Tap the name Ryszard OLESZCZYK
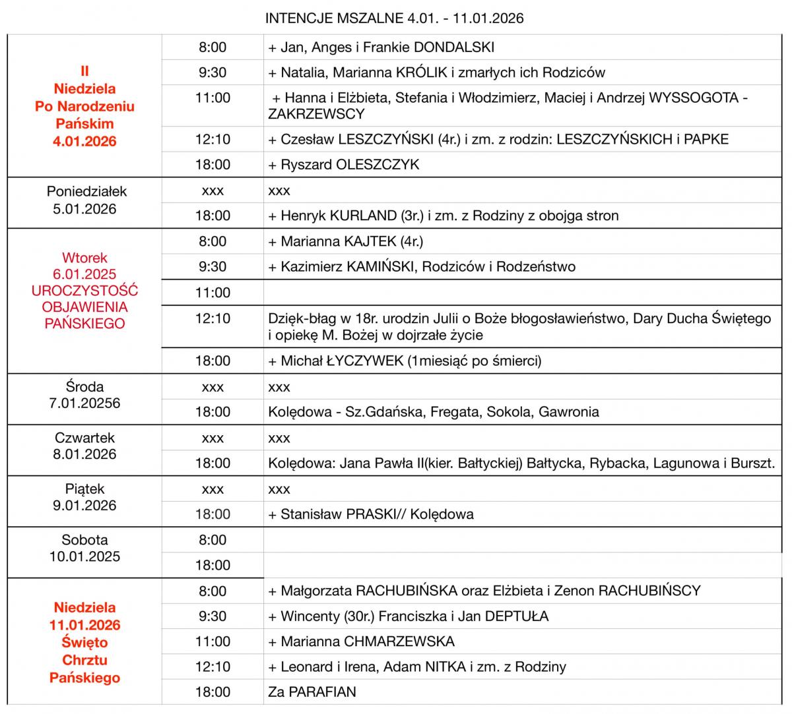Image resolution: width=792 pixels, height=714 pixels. (350, 165)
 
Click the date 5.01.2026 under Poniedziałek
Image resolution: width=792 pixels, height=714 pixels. (84, 209)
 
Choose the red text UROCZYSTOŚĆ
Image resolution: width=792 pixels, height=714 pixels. (84, 291)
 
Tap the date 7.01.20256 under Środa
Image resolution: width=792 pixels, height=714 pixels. (84, 403)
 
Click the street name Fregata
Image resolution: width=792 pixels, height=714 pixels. (455, 412)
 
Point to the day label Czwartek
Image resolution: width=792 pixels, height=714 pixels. (84, 438)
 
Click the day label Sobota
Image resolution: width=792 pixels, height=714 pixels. (84, 540)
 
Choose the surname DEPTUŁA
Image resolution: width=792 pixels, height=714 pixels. (517, 616)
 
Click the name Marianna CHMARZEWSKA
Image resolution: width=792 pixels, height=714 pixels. (368, 641)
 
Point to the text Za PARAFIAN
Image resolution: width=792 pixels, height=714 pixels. (312, 692)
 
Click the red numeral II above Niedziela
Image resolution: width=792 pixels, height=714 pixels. (84, 71)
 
